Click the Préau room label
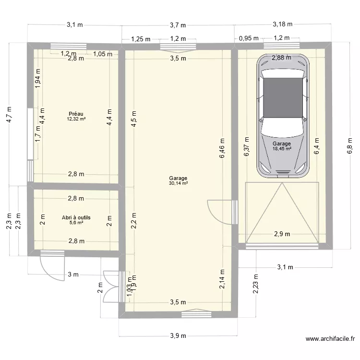pos(76,114)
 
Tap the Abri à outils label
pos(76,217)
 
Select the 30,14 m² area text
pos(178,183)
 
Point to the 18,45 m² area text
pos(281,149)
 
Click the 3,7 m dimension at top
pos(178,25)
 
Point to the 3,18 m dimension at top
pos(282,24)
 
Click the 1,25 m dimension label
pos(140,39)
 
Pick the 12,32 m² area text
pos(76,119)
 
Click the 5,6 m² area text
pos(76,222)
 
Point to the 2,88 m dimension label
pos(281,58)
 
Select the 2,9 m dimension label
pos(282,234)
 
